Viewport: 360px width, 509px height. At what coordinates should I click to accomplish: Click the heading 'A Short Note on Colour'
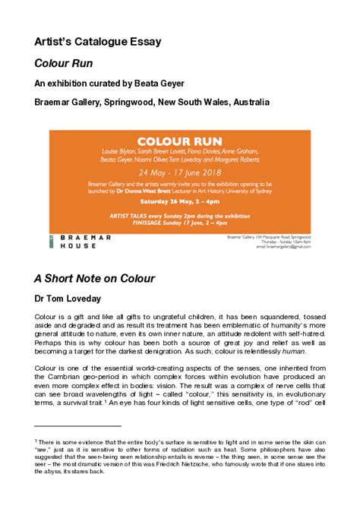(94, 278)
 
